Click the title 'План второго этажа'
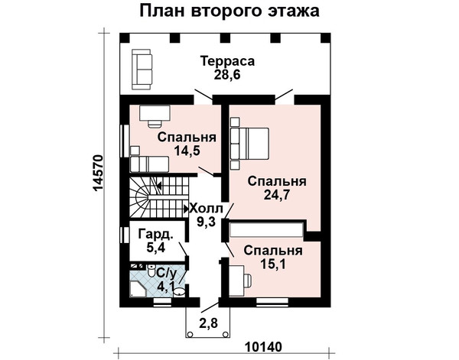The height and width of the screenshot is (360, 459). coord(229,11)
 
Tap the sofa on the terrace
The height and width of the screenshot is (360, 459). coord(142,70)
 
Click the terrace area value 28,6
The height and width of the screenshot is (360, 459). coord(227,75)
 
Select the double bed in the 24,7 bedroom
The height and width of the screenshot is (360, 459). coord(249,143)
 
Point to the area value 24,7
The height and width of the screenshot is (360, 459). coord(277,195)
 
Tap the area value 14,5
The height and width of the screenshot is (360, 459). coord(187,151)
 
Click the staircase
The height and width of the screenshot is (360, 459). coord(159,197)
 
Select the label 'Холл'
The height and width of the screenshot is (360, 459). coord(206,209)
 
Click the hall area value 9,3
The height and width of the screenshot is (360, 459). coord(206,222)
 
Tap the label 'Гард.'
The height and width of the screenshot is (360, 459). coord(155,234)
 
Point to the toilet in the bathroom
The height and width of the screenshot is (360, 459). coord(151,271)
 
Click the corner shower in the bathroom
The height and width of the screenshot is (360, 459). coord(138,289)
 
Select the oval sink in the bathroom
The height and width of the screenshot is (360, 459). coord(179,291)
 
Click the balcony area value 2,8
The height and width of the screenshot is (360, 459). coord(208,324)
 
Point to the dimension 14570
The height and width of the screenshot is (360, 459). coord(98,174)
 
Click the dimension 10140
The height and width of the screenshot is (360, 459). coord(263,347)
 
